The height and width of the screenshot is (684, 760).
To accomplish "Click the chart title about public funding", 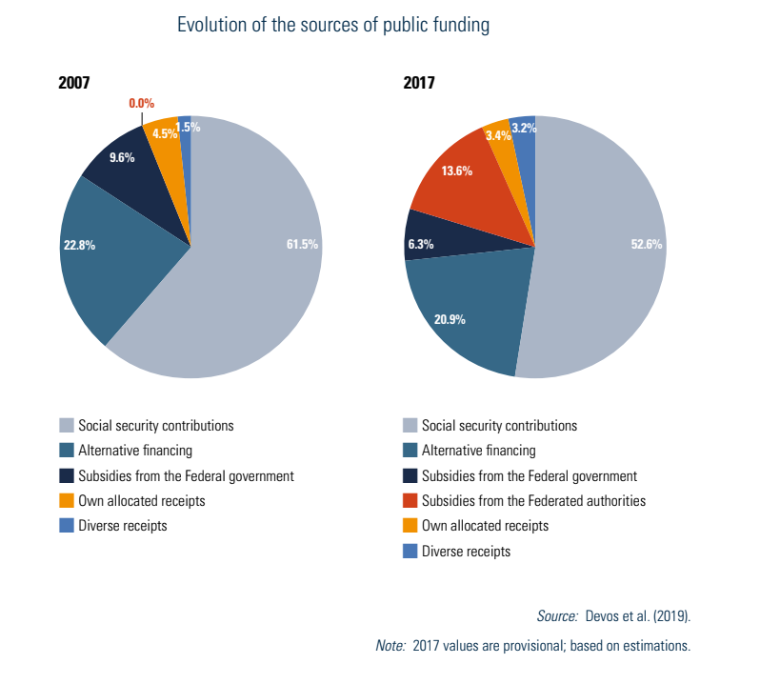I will coord(333,26).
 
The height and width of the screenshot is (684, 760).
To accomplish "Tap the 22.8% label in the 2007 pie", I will coord(79,245).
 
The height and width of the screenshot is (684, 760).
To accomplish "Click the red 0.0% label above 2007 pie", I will coord(141,103).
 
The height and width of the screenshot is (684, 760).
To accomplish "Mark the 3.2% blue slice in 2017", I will coord(524,133).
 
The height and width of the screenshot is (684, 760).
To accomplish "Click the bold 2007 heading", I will coord(74,83).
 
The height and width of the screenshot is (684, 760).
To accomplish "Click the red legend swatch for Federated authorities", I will coord(410,501).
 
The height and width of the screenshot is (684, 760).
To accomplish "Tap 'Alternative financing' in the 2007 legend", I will coord(135,451).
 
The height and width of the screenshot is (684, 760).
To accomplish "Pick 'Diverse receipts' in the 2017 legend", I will coord(466,551).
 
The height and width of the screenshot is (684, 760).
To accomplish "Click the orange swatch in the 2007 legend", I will coord(67,501).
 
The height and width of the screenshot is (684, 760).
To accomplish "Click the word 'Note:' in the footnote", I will coord(391,646).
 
